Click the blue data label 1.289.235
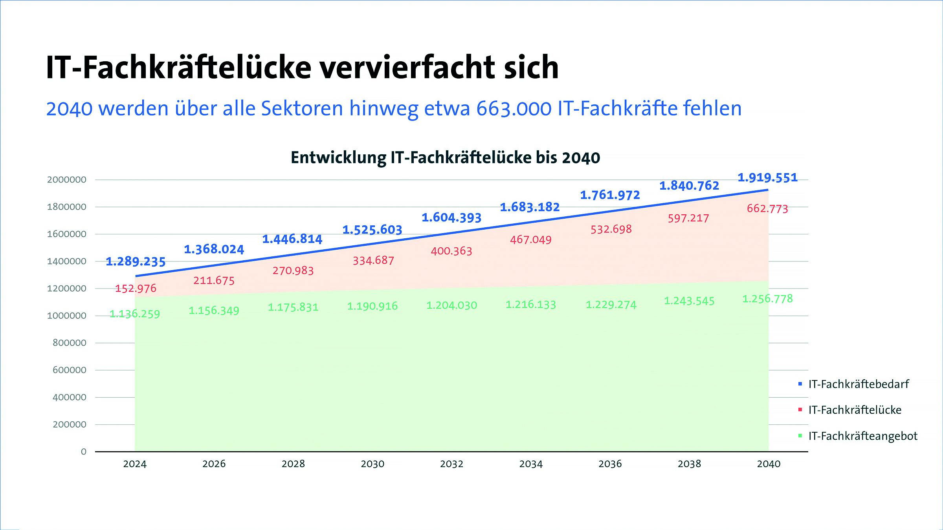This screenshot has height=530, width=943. [136, 261]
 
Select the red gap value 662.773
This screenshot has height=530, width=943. [767, 208]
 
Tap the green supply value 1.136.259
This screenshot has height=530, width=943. [135, 314]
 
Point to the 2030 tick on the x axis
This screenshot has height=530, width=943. [372, 464]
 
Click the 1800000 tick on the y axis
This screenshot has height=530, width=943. [67, 207]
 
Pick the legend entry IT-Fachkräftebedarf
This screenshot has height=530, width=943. [859, 384]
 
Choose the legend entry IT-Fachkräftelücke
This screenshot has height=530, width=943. [855, 410]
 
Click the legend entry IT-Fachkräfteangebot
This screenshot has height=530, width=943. [862, 436]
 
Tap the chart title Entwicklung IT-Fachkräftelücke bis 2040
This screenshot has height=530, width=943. [445, 157]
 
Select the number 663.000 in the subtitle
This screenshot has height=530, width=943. [514, 108]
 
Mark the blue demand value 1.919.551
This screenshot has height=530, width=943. [767, 177]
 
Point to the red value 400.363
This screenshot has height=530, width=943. [451, 251]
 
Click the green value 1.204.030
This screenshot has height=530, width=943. [452, 305]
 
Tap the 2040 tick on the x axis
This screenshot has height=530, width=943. [769, 464]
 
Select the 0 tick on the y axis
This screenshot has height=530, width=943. [83, 451]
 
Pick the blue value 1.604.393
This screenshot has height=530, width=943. [451, 217]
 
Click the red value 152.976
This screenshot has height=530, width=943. [136, 289]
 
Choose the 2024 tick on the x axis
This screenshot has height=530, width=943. [135, 464]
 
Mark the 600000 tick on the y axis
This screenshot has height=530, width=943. [70, 370]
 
